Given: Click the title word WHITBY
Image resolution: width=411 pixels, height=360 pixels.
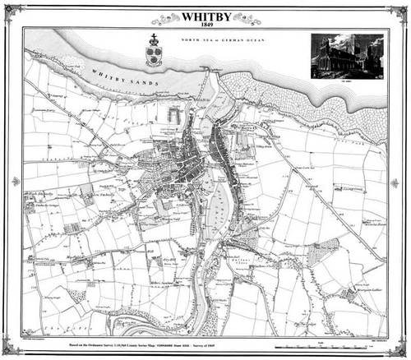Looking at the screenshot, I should click(205, 15).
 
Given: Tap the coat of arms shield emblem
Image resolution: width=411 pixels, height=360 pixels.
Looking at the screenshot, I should click(154, 56).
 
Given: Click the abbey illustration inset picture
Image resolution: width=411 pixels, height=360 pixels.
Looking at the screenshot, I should click(346, 55).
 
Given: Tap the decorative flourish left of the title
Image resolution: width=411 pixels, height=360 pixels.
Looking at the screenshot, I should click(164, 18).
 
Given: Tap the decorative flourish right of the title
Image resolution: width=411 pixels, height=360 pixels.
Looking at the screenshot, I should click(247, 18).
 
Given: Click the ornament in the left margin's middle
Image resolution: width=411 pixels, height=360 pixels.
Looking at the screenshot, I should click(15, 181).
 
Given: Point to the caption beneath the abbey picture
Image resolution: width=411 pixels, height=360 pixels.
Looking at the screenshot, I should click(346, 81).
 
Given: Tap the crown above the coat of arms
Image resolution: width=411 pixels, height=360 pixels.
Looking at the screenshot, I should click(154, 39).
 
